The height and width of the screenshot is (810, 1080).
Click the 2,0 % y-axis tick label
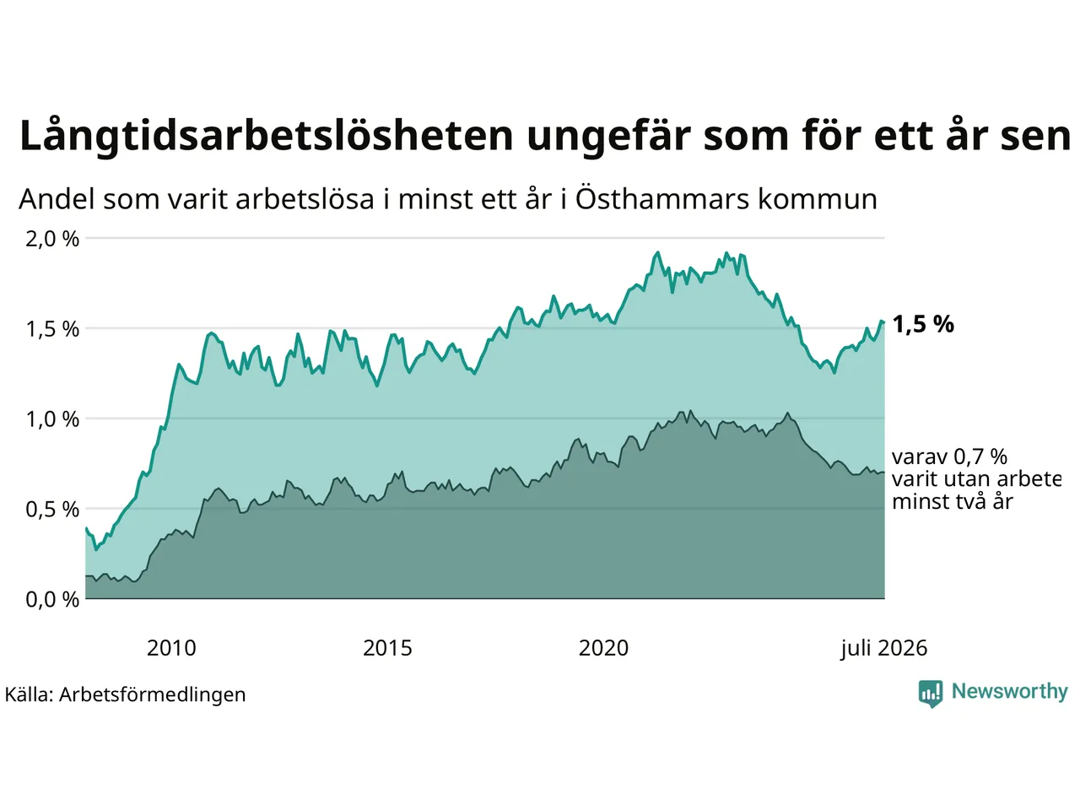click(x=52, y=239)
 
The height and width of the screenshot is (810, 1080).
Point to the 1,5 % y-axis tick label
click(x=52, y=329)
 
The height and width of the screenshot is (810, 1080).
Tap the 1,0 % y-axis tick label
click(x=52, y=419)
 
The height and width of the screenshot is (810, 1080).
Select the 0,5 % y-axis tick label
click(x=52, y=510)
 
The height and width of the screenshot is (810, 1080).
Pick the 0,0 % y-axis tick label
click(x=52, y=600)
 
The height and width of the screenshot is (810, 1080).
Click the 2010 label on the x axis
click(x=171, y=648)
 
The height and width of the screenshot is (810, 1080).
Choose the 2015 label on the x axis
click(x=387, y=648)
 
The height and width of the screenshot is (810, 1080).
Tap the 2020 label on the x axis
click(x=603, y=648)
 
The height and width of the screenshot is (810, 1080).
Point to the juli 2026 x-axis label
click(x=883, y=649)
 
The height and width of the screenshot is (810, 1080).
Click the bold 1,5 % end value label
click(x=923, y=325)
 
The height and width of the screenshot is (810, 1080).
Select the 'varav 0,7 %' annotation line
click(x=949, y=456)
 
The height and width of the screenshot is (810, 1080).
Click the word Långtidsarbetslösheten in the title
click(x=266, y=135)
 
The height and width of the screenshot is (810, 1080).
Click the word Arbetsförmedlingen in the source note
click(x=152, y=695)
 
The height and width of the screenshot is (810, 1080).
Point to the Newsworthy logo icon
click(x=930, y=694)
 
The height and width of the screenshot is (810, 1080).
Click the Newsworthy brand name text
click(x=1009, y=692)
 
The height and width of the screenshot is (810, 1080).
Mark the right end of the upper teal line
click(x=884, y=322)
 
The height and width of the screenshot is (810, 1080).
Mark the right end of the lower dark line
click(x=884, y=472)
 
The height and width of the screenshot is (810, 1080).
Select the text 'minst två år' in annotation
click(x=953, y=502)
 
